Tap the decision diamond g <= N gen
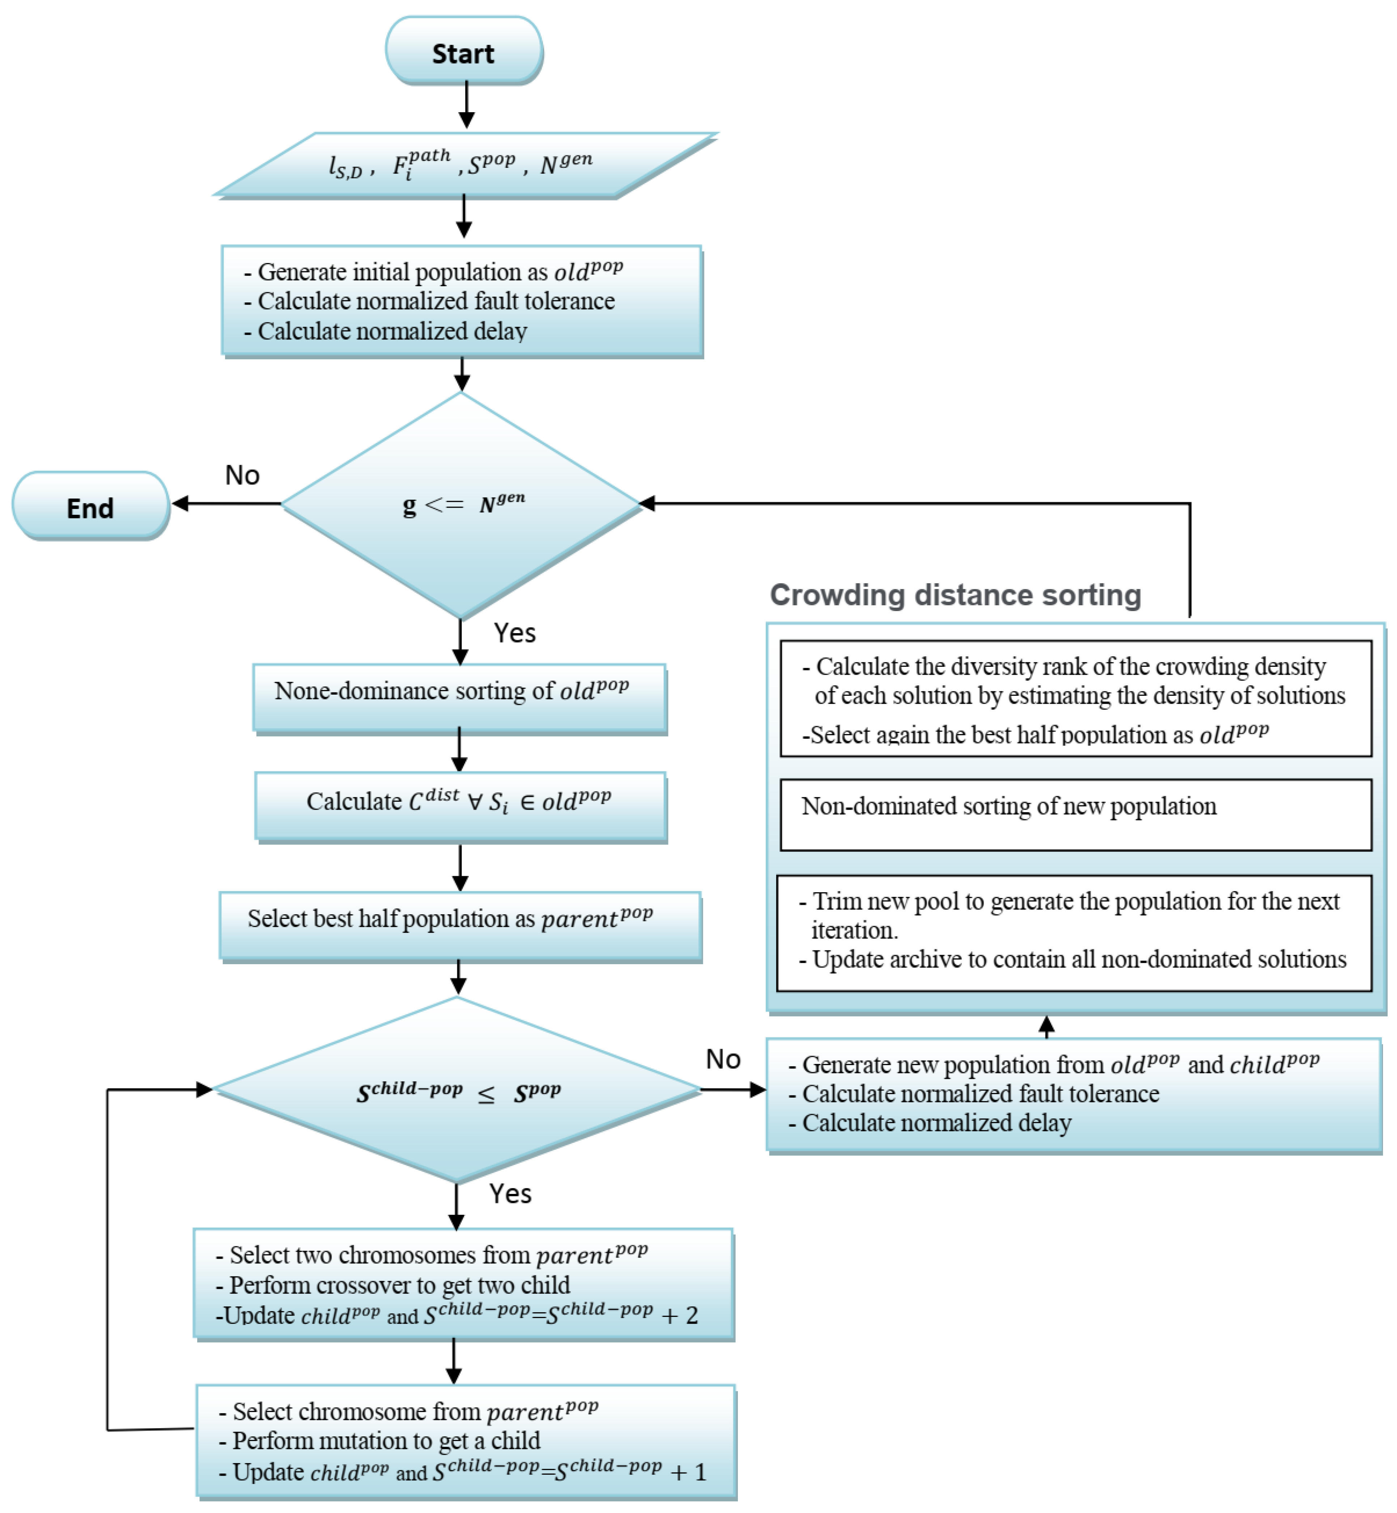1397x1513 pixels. tap(460, 504)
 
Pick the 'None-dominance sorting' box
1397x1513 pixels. tap(459, 697)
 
